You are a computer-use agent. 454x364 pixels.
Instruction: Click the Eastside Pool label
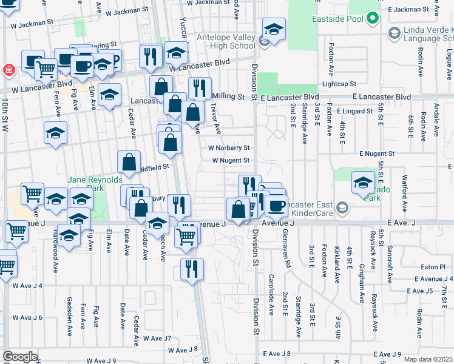[x=337, y=19]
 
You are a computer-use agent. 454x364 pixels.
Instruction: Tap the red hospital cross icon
[x=9, y=69]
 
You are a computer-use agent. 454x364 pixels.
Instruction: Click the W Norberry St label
[x=229, y=147]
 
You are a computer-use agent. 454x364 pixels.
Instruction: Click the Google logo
[x=20, y=356]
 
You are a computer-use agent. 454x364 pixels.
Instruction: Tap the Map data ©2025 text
[x=428, y=359]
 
